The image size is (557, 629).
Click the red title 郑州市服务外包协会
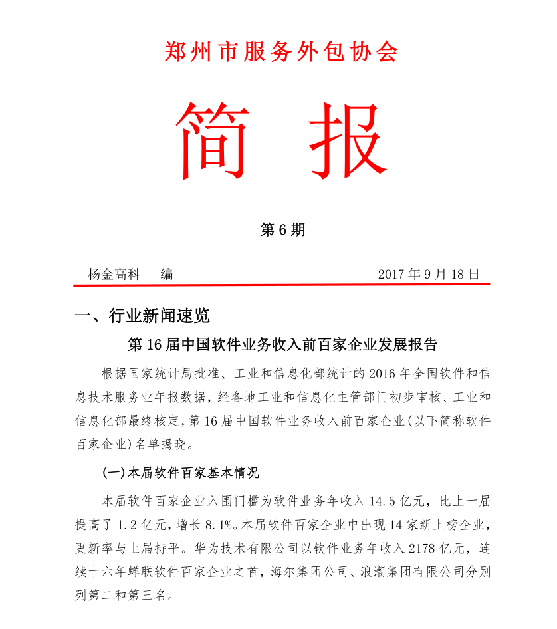coord(280,51)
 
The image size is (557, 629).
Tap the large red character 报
coord(343,140)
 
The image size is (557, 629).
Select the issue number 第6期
coord(282,230)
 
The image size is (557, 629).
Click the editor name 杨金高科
coord(114,274)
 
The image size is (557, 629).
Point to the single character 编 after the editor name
coord(167,274)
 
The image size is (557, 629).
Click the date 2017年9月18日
coord(428,274)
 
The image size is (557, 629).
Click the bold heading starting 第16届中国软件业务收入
coord(282,344)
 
